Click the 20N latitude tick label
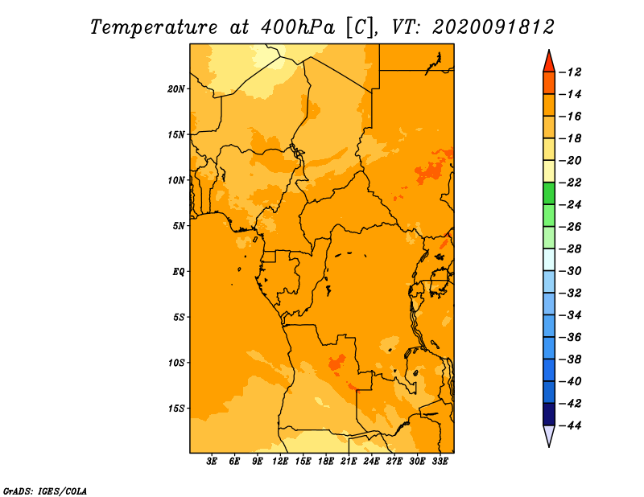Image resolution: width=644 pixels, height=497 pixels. point(175,89)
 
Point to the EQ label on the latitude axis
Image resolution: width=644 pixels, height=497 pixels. point(178,272)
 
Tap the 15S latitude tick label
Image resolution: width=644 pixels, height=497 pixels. point(175,409)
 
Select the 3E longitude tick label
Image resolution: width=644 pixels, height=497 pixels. point(212,461)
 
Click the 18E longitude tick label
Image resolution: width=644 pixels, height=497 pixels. point(326,461)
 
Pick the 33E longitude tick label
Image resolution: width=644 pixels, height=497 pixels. point(440,461)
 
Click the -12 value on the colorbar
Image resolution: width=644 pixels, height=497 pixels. point(571,72)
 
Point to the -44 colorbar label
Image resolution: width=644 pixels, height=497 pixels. point(571,425)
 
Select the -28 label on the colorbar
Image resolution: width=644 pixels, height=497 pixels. point(571,249)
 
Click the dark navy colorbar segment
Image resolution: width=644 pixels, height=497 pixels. point(549,414)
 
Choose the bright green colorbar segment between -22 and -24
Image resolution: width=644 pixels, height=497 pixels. point(549,194)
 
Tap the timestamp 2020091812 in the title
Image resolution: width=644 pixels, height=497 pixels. point(493,27)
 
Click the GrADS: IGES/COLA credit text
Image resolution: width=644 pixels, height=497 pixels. point(45,491)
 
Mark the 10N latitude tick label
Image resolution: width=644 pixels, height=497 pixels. point(175,180)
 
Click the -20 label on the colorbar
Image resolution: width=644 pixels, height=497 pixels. point(571,161)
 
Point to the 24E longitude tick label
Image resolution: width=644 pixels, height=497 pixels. point(371,461)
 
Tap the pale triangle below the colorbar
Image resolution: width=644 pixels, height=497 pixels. point(549,434)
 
